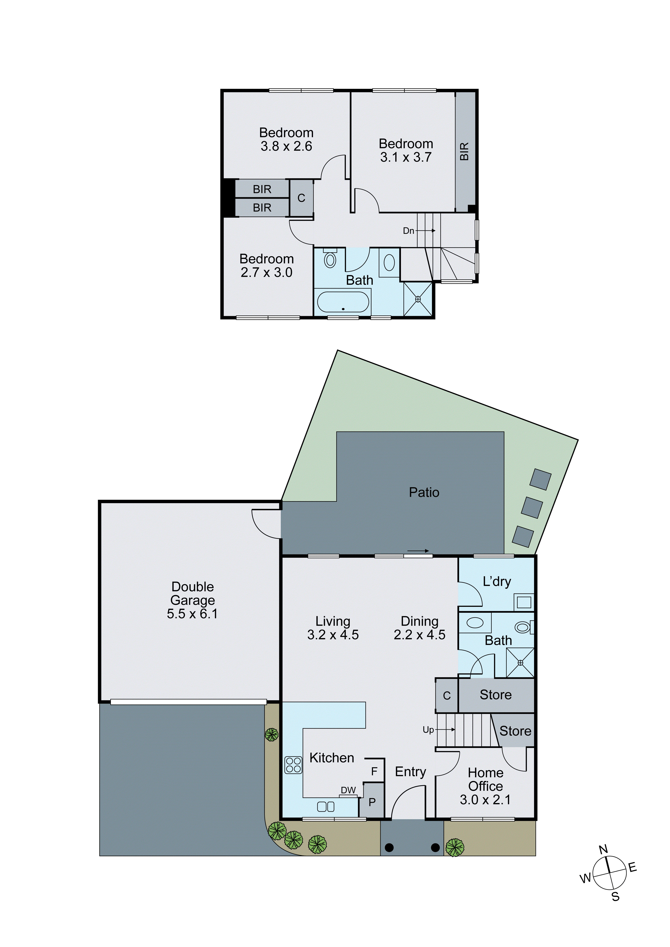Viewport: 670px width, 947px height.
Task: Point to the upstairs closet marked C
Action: click(301, 198)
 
